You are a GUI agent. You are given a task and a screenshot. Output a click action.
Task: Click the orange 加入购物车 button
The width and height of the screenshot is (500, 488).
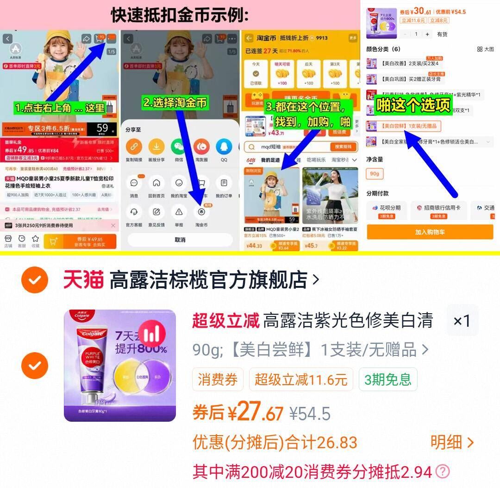click(x=430, y=232)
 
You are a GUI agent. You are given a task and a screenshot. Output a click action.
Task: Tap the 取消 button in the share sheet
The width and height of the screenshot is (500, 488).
click(x=180, y=240)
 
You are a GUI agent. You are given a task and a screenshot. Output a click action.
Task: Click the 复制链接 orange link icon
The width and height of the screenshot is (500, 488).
click(x=134, y=147)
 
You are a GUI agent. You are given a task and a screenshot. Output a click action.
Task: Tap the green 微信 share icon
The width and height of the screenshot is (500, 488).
click(x=179, y=147)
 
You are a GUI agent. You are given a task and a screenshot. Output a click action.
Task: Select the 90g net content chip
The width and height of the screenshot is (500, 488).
click(x=375, y=174)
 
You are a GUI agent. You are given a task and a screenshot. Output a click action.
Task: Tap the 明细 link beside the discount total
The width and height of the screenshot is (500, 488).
click(x=452, y=443)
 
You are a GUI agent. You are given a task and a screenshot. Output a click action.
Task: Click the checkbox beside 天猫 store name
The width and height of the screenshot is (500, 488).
click(x=35, y=280)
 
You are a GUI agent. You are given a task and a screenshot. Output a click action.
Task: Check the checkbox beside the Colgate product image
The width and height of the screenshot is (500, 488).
click(x=35, y=366)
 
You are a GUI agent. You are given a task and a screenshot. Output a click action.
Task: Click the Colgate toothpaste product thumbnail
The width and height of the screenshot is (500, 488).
click(x=120, y=366)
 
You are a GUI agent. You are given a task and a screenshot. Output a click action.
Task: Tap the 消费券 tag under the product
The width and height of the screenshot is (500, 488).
click(x=218, y=380)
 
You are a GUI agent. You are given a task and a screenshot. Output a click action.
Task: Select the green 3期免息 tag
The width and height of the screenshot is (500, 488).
click(x=387, y=380)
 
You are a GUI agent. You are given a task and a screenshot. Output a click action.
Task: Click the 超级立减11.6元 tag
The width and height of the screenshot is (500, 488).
click(x=301, y=380)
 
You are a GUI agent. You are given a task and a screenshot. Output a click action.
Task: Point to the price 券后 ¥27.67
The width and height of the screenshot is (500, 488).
click(x=237, y=412)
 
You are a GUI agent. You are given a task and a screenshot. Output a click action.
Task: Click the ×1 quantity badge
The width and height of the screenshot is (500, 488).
click(x=462, y=321)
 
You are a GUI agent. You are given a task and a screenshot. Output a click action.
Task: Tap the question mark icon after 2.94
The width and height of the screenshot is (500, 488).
click(x=443, y=472)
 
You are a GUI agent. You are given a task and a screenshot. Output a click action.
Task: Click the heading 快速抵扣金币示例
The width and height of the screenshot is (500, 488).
click(x=180, y=15)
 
